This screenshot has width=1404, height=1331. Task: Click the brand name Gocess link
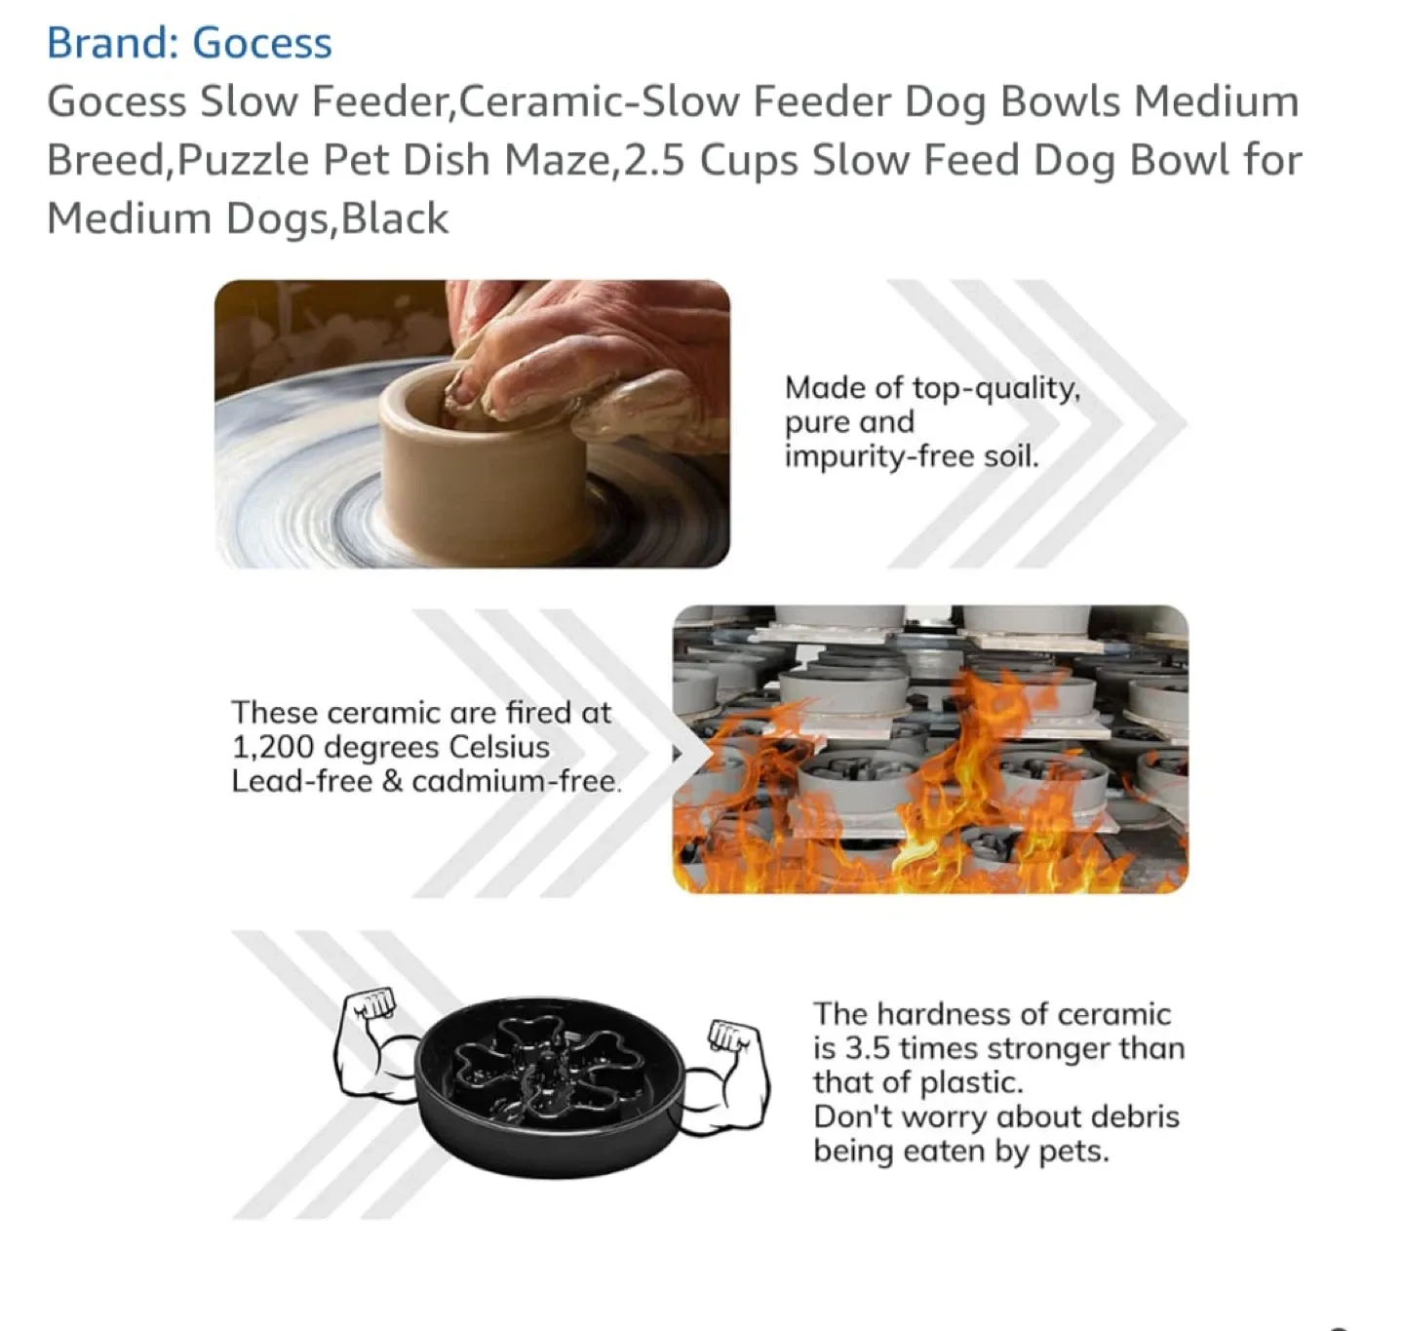(x=261, y=43)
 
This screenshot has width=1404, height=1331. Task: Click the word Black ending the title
(x=395, y=218)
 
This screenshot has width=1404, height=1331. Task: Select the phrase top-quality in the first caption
(x=995, y=388)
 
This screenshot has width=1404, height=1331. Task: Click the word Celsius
(x=498, y=747)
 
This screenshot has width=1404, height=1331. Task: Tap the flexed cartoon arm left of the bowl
(x=375, y=1048)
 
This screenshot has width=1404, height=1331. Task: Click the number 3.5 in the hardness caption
(x=867, y=1048)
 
